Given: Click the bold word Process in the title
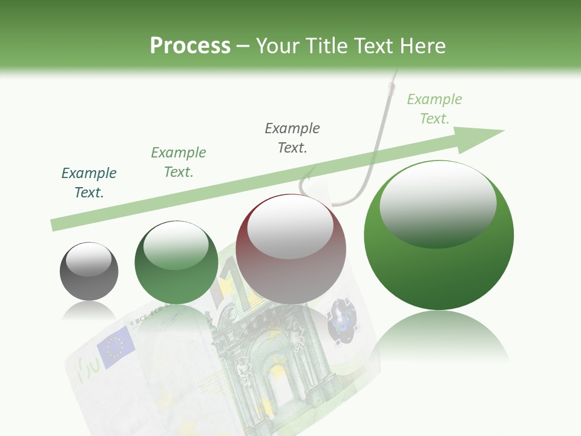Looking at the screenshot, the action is coord(190,46).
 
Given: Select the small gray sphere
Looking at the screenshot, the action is coord(89,271).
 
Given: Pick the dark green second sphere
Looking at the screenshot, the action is coord(176,263).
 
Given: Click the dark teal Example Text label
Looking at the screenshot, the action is coord(89,183).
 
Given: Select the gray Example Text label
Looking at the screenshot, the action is coord(292,138).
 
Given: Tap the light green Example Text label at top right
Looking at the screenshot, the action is coord(434,109).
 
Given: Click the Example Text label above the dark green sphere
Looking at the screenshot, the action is coord(179,162).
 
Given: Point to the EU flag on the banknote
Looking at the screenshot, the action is coord(115,346).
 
